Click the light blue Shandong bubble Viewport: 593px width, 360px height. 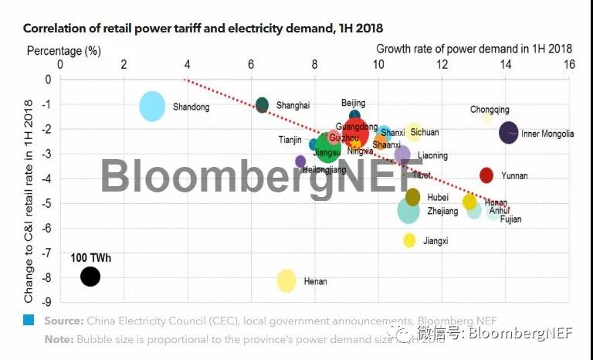pos(152,106)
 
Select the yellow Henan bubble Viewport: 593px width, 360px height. pos(286,280)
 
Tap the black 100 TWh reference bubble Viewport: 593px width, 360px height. pos(90,276)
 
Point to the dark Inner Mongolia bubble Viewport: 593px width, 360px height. pos(508,132)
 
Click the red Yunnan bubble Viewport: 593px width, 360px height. pos(486,175)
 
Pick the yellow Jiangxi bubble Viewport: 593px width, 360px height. pos(409,240)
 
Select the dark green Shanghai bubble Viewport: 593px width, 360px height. pos(262,105)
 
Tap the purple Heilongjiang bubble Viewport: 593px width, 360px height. pos(300,161)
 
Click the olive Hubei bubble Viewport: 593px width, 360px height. pos(413,197)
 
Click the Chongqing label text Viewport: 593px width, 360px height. pos(490,110)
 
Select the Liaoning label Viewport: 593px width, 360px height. pos(432,156)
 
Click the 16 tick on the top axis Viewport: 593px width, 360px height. pos(568,65)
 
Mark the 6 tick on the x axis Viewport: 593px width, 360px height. pos(251,65)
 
